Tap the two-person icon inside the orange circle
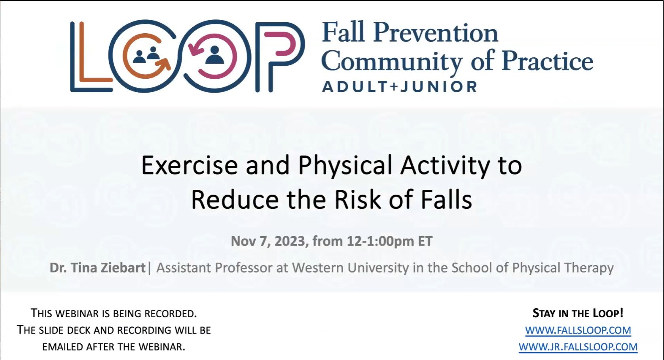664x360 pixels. click(146, 55)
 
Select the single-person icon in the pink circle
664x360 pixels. click(214, 55)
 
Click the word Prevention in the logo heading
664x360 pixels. click(436, 33)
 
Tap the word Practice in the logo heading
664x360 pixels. click(547, 61)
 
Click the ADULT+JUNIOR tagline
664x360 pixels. click(400, 87)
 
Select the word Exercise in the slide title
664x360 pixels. click(190, 165)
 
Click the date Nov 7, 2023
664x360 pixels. click(268, 241)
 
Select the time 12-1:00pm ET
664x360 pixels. click(389, 241)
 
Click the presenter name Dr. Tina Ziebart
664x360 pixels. click(97, 268)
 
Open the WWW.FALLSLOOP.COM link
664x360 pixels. click(578, 330)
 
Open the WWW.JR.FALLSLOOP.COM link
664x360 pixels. click(578, 347)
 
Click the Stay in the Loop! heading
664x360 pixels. click(578, 313)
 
